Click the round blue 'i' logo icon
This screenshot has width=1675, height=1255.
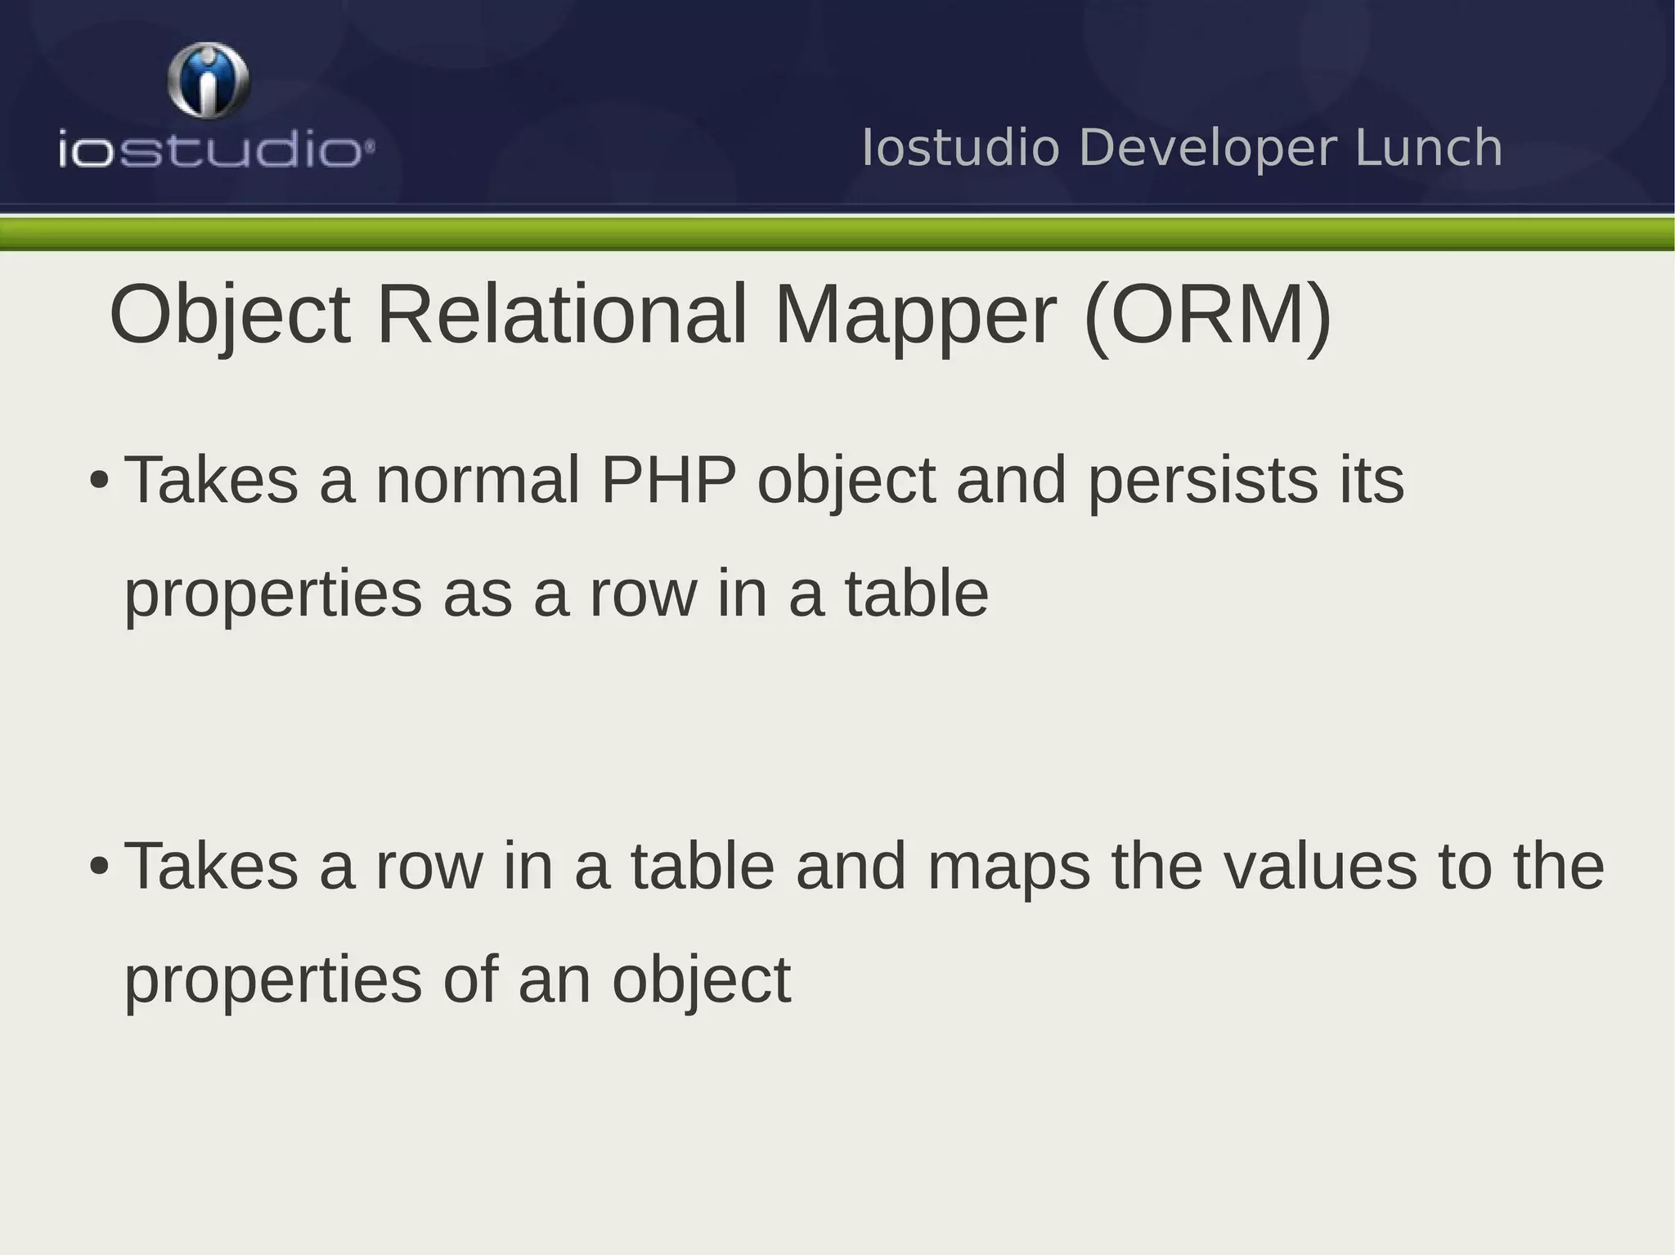pos(209,80)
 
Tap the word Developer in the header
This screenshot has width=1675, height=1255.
pos(1208,149)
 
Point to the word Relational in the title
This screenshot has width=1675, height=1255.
pos(561,315)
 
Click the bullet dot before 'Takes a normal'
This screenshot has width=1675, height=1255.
pos(99,481)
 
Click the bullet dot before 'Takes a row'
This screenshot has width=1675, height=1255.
pos(99,867)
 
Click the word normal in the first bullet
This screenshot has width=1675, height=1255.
pos(477,481)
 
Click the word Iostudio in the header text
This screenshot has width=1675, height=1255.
pos(960,149)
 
